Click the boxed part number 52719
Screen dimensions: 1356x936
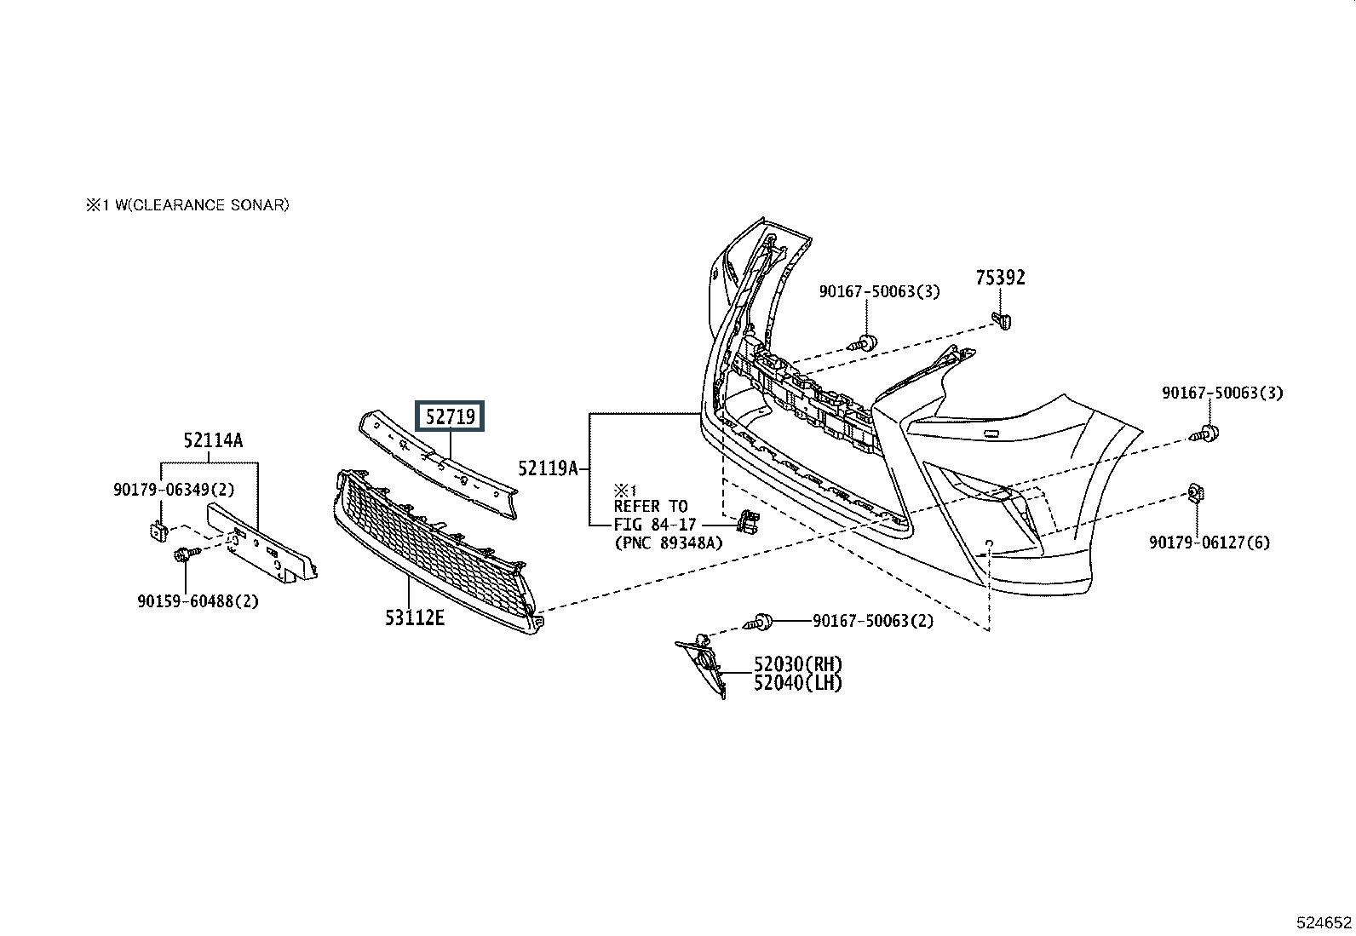coord(450,416)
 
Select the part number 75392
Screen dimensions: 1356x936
coord(1000,278)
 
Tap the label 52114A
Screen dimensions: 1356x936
coord(213,440)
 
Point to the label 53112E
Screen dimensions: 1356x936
coord(415,617)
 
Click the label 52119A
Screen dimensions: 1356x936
coord(548,468)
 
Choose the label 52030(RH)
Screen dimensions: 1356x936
coord(798,664)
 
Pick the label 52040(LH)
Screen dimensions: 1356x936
coord(798,683)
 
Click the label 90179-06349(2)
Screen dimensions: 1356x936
coord(174,489)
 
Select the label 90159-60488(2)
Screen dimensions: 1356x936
coord(198,601)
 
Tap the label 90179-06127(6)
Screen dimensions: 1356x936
coord(1209,543)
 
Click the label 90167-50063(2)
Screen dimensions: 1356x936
coord(873,621)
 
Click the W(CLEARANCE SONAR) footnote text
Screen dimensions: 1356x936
coord(202,205)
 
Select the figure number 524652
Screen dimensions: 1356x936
coord(1324,922)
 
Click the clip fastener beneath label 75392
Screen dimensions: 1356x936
coord(1002,320)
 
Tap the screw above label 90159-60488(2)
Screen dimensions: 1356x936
coord(187,554)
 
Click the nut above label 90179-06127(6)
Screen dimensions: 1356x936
coord(1196,493)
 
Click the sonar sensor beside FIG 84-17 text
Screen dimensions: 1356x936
coord(748,521)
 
